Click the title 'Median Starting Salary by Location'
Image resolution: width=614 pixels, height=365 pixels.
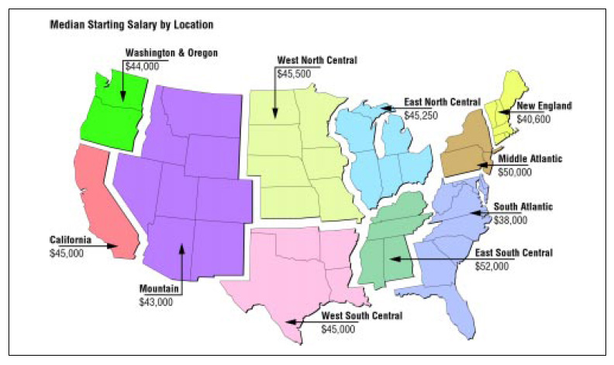131,25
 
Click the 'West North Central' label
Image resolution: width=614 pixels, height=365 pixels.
318,59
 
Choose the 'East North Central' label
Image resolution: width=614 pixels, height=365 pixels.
443,103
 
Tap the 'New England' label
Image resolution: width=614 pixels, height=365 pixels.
544,106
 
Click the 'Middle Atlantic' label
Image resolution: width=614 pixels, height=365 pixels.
530,158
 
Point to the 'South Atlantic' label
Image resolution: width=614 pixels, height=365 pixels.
523,207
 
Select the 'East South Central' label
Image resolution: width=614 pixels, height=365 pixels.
513,253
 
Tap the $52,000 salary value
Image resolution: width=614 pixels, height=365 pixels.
492,265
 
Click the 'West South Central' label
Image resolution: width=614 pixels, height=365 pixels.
362,316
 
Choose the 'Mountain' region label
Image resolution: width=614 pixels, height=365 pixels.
160,289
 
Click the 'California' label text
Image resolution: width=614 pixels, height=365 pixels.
71,240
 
